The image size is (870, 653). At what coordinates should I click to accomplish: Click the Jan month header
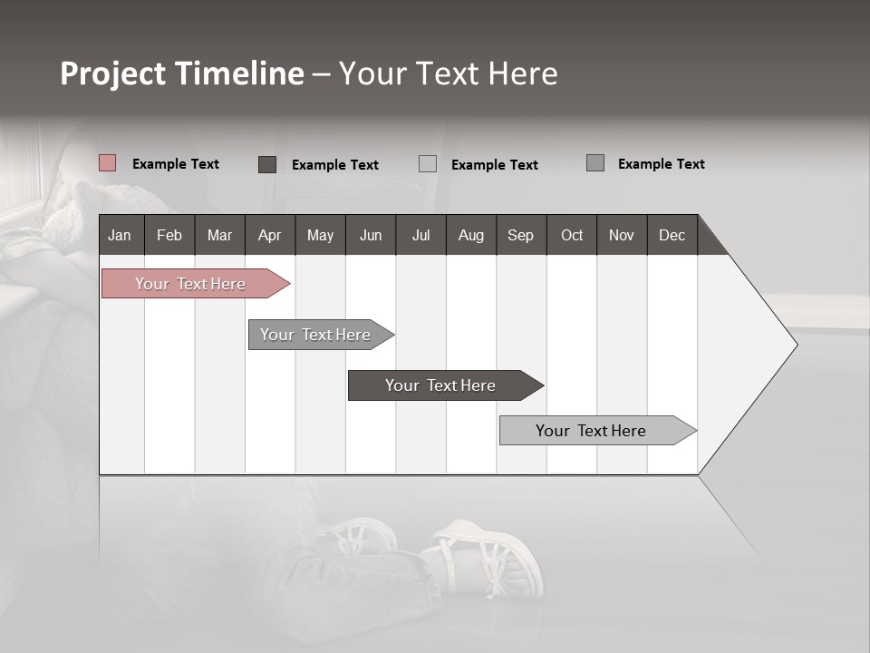[x=121, y=235]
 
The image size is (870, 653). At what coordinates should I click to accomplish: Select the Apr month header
[x=269, y=235]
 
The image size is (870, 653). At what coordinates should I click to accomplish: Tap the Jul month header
[x=420, y=235]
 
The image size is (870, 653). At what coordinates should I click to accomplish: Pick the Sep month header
[x=520, y=235]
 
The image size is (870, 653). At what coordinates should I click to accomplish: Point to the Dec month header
[x=672, y=235]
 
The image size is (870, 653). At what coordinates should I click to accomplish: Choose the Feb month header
[x=169, y=235]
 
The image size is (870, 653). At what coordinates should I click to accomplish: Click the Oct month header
[x=572, y=235]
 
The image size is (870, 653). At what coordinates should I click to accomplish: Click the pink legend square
[x=108, y=163]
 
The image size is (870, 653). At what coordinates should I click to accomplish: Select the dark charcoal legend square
[x=267, y=164]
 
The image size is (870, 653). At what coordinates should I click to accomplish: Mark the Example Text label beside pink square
[x=176, y=164]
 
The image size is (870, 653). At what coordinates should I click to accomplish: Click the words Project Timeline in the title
[x=181, y=73]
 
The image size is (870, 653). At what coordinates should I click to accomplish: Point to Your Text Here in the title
[x=448, y=73]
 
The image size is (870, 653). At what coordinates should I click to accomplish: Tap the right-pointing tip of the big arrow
[x=793, y=345]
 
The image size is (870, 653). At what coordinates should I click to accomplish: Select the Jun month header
[x=371, y=235]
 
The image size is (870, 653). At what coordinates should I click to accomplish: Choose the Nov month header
[x=622, y=235]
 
